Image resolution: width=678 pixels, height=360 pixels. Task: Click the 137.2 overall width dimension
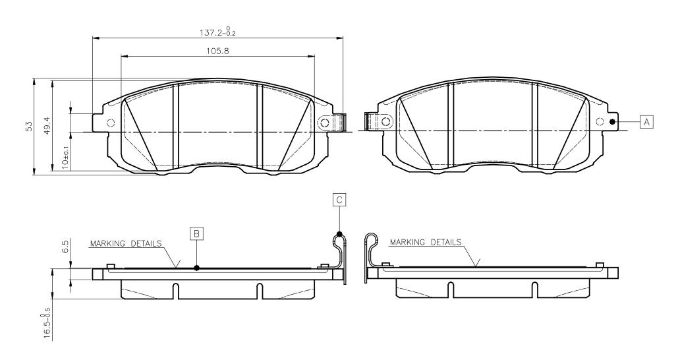pos(217,32)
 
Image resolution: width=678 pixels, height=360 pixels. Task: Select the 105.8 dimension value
pos(217,51)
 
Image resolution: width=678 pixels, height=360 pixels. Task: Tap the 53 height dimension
pos(29,127)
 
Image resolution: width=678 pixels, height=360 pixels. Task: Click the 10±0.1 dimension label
pos(65,157)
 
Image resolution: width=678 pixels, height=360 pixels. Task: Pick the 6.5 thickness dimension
pos(65,247)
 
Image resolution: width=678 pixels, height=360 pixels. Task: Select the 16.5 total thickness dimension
pos(47,323)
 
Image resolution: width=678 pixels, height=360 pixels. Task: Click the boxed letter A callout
pos(646,122)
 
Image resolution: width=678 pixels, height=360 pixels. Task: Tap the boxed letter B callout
pos(196,233)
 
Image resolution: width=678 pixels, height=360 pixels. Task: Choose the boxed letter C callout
pos(339,200)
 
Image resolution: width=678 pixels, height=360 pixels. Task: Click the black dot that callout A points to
pos(612,122)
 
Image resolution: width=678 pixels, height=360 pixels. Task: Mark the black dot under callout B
pos(197,268)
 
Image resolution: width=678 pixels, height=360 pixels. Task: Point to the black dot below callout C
pos(339,235)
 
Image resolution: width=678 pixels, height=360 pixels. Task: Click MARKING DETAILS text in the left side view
pos(126,243)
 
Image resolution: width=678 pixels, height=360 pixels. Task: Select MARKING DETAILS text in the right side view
pos(426,243)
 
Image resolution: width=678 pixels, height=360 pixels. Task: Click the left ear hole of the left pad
pos(111,123)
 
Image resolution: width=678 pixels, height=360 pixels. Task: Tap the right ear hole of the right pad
pos(600,121)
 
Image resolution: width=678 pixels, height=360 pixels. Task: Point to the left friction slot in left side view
pos(175,291)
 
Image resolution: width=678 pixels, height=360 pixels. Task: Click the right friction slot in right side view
pos(535,289)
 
